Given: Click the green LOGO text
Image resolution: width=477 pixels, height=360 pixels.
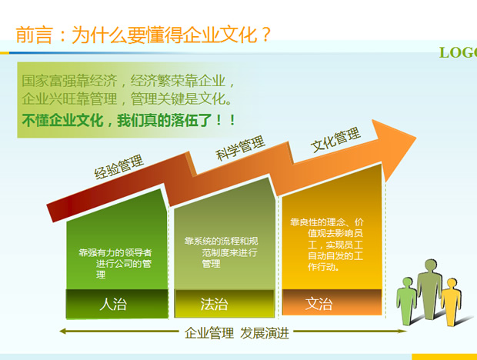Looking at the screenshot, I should pyautogui.click(x=457, y=52).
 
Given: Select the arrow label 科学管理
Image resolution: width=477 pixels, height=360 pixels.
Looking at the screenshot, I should pyautogui.click(x=240, y=148).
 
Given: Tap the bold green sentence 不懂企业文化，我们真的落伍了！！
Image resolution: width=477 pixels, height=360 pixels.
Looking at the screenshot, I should pyautogui.click(x=128, y=121).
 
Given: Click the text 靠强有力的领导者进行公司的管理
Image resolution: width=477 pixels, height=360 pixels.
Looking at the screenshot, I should pyautogui.click(x=115, y=258).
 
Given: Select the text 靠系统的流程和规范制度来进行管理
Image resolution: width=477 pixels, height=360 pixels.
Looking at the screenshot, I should pyautogui.click(x=220, y=252).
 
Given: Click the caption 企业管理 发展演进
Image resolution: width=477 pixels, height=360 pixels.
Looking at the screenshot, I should pyautogui.click(x=238, y=333).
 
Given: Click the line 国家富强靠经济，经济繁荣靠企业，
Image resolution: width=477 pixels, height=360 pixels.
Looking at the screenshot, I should pyautogui.click(x=128, y=80).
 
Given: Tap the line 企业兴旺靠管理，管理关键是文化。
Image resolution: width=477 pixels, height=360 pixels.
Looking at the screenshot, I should pyautogui.click(x=126, y=100).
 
